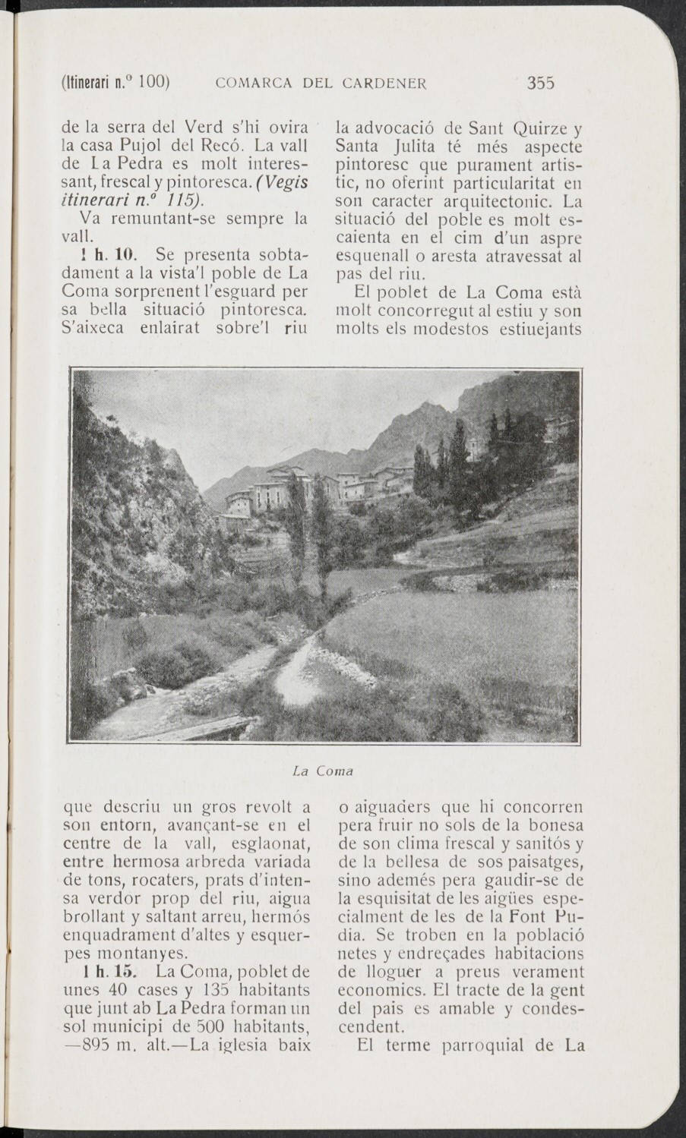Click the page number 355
point(541,83)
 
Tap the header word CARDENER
point(386,83)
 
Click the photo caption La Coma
point(323,771)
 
